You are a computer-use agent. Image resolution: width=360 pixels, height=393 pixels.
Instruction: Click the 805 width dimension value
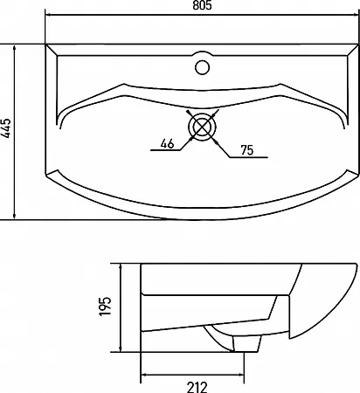coord(202,5)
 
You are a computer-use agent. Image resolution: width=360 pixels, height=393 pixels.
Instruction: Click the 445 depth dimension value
coord(6,128)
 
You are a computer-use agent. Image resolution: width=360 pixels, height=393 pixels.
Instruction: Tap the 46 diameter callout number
coord(167,143)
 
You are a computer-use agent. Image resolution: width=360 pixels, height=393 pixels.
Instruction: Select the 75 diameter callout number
coord(247,150)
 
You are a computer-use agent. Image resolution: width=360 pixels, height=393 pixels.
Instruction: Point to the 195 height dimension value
coord(105,307)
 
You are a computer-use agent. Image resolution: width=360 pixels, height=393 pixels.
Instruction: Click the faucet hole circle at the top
coord(202,67)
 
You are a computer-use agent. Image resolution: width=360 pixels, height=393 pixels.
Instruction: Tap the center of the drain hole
coord(202,127)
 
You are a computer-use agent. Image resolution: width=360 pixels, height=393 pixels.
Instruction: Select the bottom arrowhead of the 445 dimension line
coord(14,215)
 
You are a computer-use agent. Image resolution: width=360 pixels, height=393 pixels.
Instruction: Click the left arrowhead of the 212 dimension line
coord(145,375)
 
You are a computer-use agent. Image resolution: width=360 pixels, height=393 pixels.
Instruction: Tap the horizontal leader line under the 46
coord(165,150)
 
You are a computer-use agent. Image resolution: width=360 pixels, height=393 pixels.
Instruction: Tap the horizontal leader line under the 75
coord(248,157)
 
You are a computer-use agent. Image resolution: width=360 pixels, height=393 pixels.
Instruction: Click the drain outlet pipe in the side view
coord(246,343)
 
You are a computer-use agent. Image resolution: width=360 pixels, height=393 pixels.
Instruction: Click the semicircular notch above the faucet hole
coord(202,52)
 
